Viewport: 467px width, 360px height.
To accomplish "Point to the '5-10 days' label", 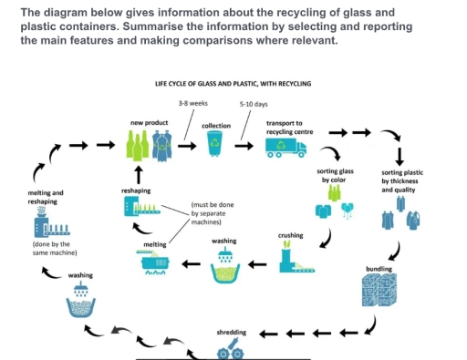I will [x=253, y=104].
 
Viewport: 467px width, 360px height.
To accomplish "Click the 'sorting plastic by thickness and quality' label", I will [x=401, y=181].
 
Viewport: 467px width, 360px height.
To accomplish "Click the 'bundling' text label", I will [x=379, y=269].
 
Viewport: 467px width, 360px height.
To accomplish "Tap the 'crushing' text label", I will [x=290, y=235].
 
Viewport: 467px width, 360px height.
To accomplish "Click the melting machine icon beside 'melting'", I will [x=156, y=263].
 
